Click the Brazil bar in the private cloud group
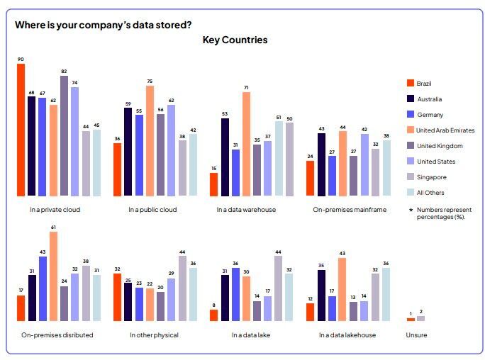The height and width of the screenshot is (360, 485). [x=21, y=130]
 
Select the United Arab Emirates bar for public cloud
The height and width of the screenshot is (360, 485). [x=150, y=140]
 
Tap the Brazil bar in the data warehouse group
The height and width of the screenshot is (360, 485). [x=213, y=184]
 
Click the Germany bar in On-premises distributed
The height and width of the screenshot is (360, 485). [x=42, y=288]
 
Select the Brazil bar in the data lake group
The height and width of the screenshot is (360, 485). [x=213, y=315]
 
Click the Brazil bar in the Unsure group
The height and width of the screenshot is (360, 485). [x=411, y=320]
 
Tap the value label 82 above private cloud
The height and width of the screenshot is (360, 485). [x=64, y=72]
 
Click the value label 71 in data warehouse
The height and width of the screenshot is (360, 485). [x=246, y=88]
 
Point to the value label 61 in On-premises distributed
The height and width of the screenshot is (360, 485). [x=53, y=227]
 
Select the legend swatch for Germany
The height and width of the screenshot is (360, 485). [x=409, y=114]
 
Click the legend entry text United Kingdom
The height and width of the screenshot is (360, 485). [x=440, y=146]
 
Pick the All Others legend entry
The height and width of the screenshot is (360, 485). [x=432, y=193]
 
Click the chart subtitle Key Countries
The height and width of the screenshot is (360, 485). [x=235, y=40]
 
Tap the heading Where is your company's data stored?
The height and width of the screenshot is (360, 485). [x=104, y=25]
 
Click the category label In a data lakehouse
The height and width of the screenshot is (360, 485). [x=347, y=334]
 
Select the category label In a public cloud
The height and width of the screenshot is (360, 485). [x=152, y=210]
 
